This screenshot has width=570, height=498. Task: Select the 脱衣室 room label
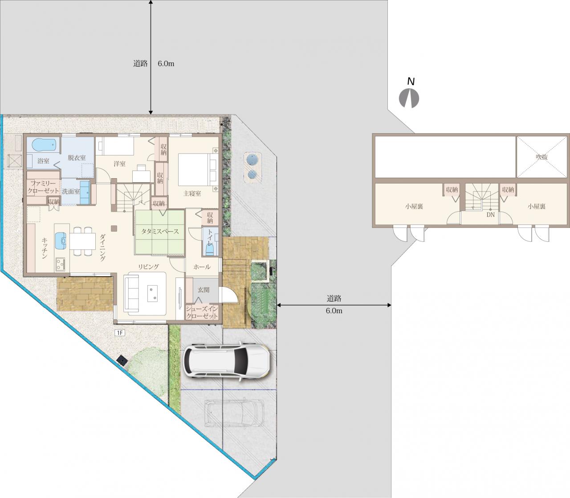[77, 158]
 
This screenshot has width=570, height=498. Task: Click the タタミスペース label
[160, 231]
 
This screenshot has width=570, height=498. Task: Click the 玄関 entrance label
[204, 290]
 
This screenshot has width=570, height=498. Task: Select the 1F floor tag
[120, 333]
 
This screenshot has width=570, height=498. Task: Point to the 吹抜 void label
[541, 157]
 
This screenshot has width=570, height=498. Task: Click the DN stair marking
[491, 215]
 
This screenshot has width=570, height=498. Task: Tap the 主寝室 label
[192, 193]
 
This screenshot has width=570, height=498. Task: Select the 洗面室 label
[71, 192]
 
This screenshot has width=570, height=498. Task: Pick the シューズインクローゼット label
[202, 312]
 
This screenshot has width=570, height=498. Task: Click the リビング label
[149, 267]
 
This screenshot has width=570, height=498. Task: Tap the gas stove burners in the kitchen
[60, 264]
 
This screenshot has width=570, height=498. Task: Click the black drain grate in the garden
[122, 360]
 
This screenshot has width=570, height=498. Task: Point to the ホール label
[202, 267]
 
